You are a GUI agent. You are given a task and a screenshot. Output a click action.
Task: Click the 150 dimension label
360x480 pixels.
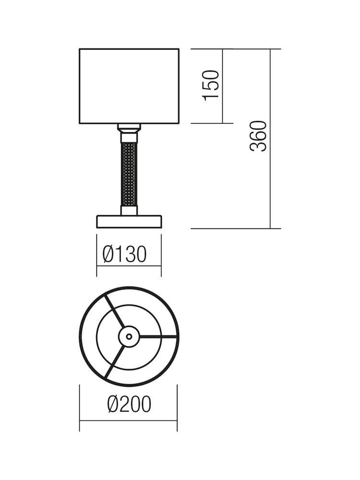coord(211,86)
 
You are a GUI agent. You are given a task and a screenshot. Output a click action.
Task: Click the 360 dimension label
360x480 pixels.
coord(258,136)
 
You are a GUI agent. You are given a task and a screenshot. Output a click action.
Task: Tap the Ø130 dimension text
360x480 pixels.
coord(125,254)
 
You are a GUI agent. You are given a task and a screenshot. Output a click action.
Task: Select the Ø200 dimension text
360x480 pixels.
coord(129,404)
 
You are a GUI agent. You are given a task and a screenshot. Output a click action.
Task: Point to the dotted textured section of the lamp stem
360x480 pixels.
coord(129,174)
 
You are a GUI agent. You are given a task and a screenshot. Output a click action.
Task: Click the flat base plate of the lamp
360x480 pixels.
coord(129,222)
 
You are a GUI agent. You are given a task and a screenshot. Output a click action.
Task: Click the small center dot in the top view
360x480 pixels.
coord(129,336)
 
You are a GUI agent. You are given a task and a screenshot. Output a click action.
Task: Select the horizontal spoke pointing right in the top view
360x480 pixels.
coord(158,336)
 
